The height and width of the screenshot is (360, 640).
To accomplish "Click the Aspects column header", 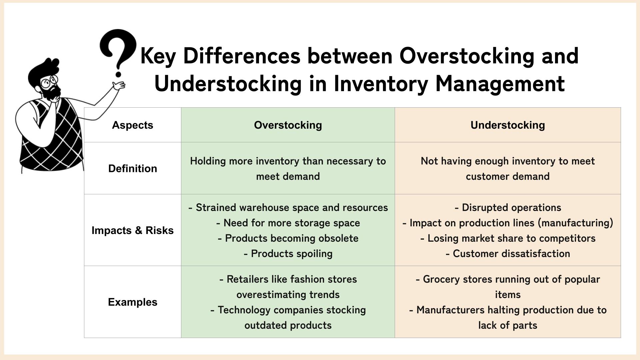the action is tap(132, 125).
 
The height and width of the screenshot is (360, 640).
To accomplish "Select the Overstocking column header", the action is tap(288, 125).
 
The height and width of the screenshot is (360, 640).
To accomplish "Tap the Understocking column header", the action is tap(508, 125).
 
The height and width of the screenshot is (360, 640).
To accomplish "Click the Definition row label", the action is tap(132, 168).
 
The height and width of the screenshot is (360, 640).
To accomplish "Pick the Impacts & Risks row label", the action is tap(132, 230).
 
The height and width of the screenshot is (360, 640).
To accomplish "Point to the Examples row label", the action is tap(132, 302).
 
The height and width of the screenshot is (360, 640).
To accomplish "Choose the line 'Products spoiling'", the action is tap(288, 254).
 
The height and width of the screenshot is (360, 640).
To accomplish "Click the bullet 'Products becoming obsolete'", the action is tap(288, 238).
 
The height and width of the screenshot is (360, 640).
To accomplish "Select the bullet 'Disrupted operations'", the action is tap(508, 208).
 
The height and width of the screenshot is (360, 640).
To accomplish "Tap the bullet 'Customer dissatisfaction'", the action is tap(508, 254).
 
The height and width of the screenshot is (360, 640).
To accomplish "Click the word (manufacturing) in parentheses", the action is tap(576, 223).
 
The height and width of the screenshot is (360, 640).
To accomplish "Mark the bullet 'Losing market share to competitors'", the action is tap(508, 238).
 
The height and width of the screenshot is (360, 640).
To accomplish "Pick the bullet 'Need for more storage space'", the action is tap(288, 223).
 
